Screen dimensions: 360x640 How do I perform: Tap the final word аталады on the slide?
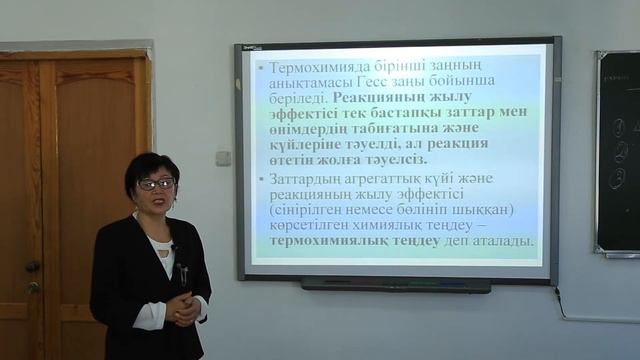[500, 242]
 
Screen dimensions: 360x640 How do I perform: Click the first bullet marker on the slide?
[261, 66]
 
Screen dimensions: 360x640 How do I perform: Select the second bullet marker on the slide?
[261, 179]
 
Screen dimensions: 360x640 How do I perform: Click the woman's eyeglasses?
[156, 184]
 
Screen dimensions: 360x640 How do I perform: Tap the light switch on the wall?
[222, 158]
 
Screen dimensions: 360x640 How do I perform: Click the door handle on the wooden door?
[32, 268]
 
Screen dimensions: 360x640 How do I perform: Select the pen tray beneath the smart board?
[396, 285]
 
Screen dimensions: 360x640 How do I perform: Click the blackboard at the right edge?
[618, 150]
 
